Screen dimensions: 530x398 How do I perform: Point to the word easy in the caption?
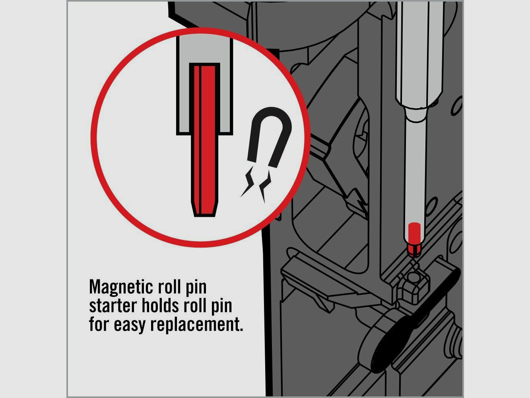click(x=130, y=325)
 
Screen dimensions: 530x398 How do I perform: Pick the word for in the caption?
click(x=99, y=324)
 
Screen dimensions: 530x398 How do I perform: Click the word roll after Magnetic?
click(x=169, y=287)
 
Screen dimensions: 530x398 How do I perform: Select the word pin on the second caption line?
click(x=221, y=307)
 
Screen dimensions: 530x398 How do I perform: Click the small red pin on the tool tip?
click(x=414, y=240)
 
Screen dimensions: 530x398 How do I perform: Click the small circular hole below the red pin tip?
click(x=414, y=278)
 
